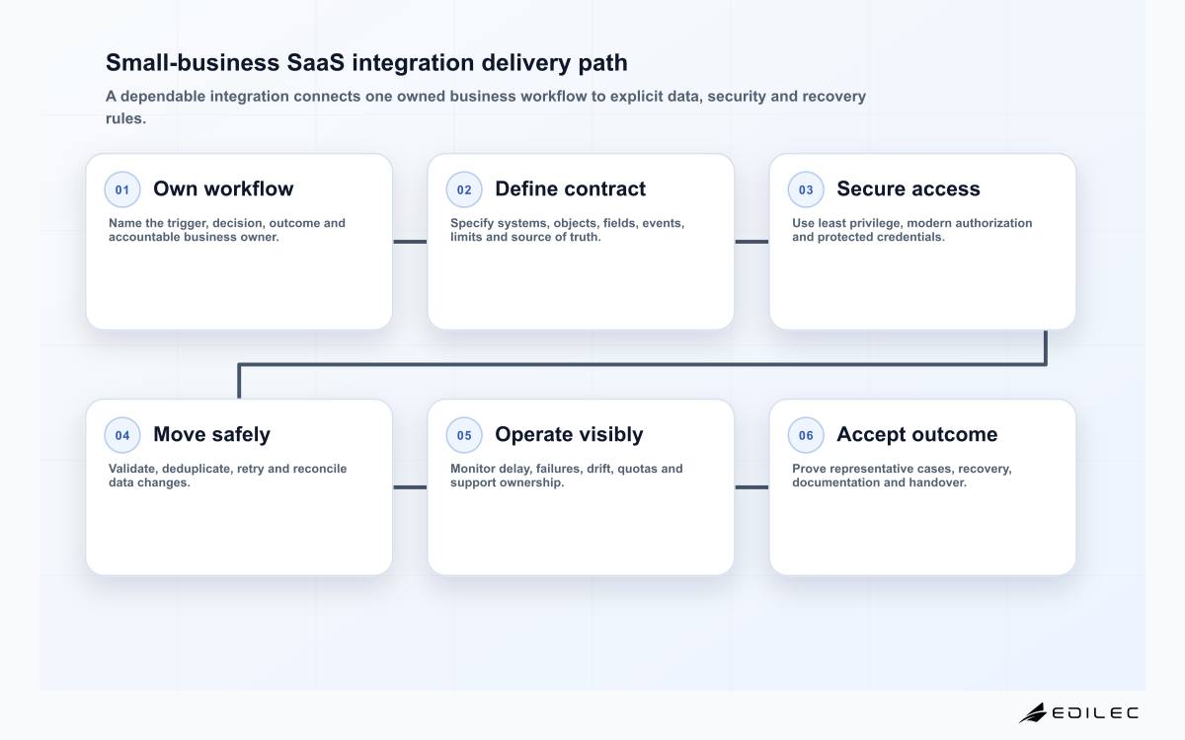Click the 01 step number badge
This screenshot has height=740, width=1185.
(122, 189)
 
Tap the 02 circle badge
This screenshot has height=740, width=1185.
(464, 189)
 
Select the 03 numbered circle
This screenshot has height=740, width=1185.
(806, 189)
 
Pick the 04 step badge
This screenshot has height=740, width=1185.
(122, 435)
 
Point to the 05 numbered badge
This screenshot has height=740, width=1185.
(464, 435)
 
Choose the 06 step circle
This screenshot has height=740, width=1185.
(806, 435)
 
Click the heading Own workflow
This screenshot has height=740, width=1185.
(223, 188)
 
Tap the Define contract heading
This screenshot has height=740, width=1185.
(571, 188)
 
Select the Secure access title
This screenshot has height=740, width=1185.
(908, 188)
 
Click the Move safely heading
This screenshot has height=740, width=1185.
(211, 434)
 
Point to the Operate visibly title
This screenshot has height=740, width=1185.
(569, 434)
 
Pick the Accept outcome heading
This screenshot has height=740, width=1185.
(917, 434)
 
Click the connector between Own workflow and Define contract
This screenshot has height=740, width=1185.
(410, 242)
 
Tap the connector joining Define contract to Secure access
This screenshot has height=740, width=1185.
(751, 242)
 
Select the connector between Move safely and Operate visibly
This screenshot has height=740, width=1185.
(410, 487)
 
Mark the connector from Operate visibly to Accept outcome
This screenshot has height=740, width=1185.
(751, 487)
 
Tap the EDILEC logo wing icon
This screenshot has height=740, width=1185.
(1033, 712)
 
